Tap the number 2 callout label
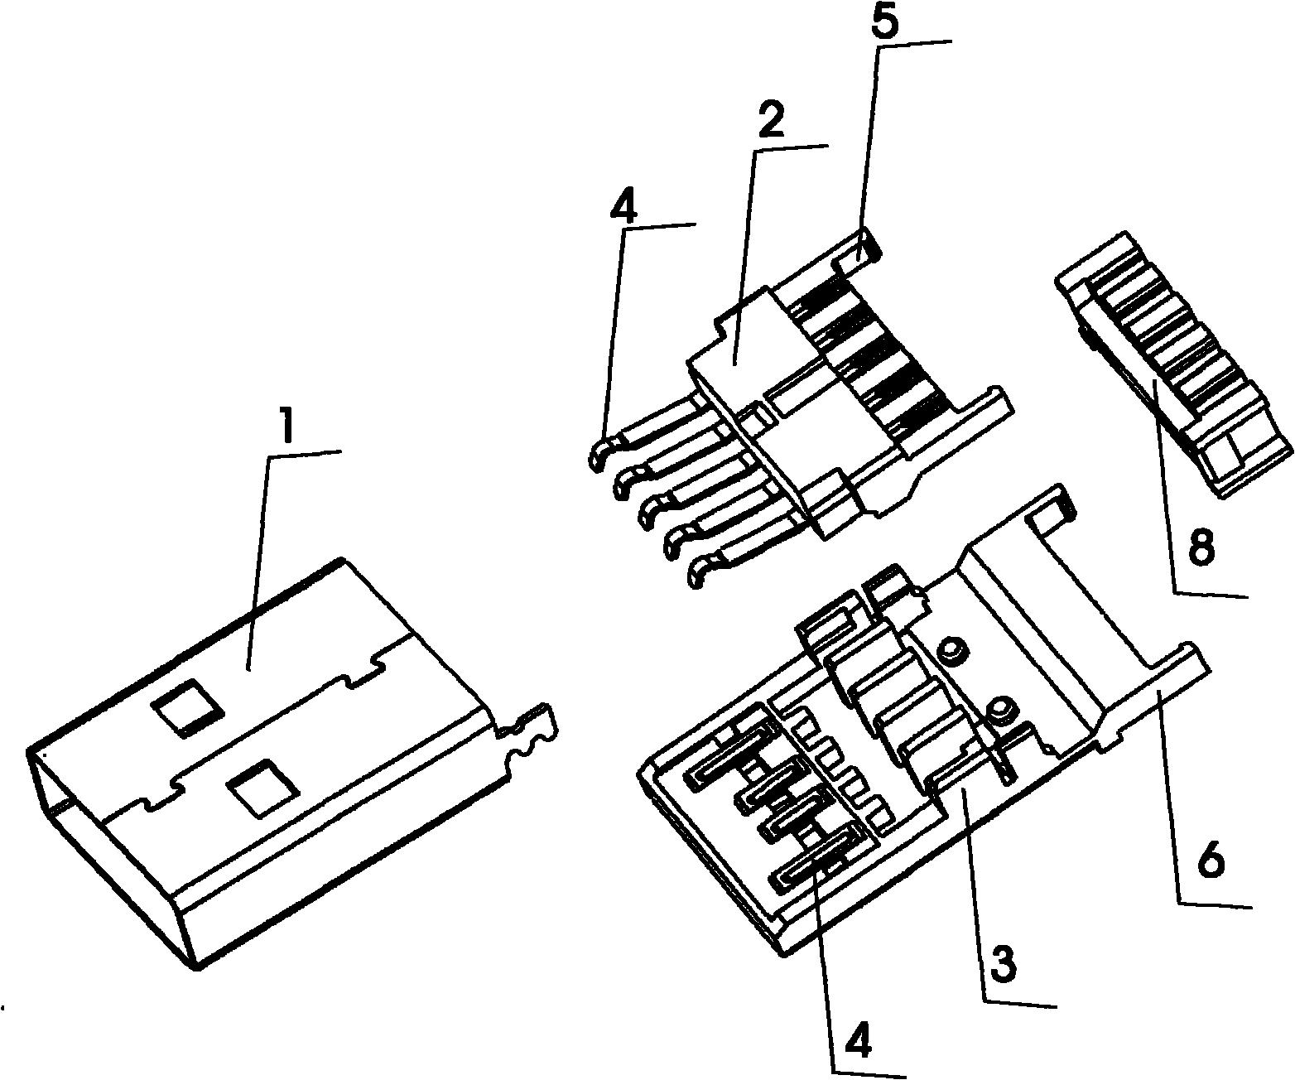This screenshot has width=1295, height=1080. [769, 123]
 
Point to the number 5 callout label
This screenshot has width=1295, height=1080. [886, 22]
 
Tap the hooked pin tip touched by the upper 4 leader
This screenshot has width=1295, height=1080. [597, 451]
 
